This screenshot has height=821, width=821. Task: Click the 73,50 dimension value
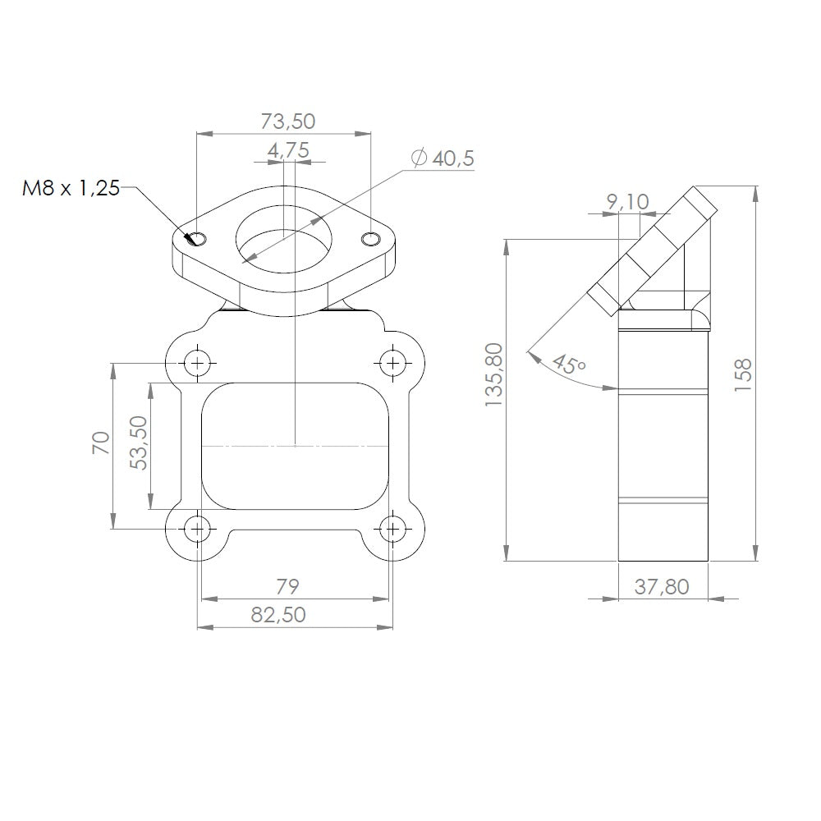pos(287,122)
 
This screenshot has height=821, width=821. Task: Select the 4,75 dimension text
pos(287,150)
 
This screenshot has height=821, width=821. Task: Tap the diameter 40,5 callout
pos(443,158)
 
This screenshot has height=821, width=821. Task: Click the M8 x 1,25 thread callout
pos(71,189)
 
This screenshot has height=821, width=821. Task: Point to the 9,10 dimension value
pos(627,201)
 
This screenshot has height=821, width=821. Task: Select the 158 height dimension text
pos(742,374)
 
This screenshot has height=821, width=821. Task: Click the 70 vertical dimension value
pos(100,443)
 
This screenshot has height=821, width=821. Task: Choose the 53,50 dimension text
pos(139,443)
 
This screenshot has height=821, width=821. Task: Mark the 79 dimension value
pos(287,586)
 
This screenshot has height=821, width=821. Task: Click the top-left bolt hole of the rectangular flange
pos(196,361)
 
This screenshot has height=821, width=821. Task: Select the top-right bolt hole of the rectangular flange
pos(392,361)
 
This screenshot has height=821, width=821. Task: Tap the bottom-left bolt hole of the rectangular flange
pos(196,530)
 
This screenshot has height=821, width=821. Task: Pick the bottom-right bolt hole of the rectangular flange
pos(392,530)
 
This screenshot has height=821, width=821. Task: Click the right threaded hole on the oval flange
pos(371,238)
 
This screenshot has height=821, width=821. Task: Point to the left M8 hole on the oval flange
pos(197,238)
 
